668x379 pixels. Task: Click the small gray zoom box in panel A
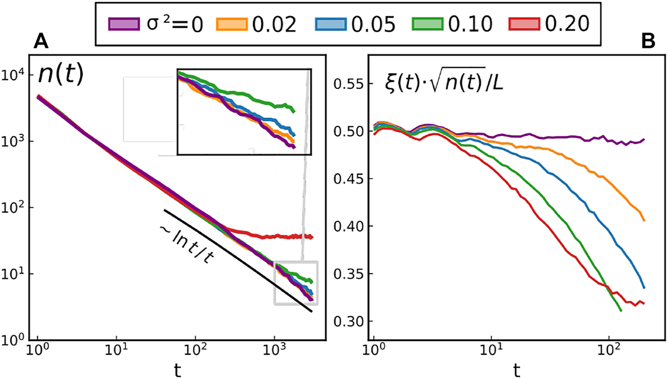[296, 283]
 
